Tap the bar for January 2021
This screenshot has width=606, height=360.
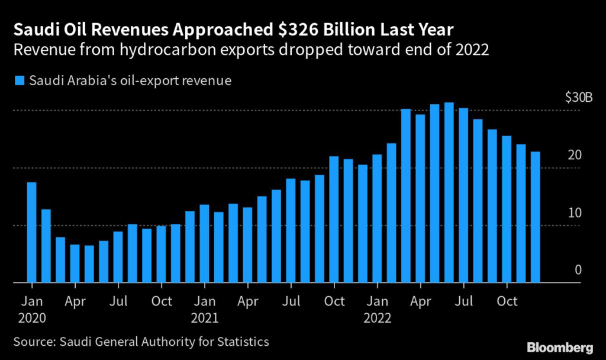(x=205, y=243)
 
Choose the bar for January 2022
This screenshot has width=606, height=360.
(x=377, y=218)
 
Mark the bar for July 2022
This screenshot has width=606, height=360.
(x=463, y=195)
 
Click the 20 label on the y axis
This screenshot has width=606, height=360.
(x=575, y=155)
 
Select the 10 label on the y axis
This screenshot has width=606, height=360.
(x=575, y=213)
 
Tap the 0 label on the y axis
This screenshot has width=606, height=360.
(x=578, y=270)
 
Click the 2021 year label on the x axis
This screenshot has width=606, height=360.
(x=205, y=317)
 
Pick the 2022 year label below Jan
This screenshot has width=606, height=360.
(x=377, y=317)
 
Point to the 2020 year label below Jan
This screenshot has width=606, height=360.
(x=32, y=317)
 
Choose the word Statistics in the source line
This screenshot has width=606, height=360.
(x=240, y=342)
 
